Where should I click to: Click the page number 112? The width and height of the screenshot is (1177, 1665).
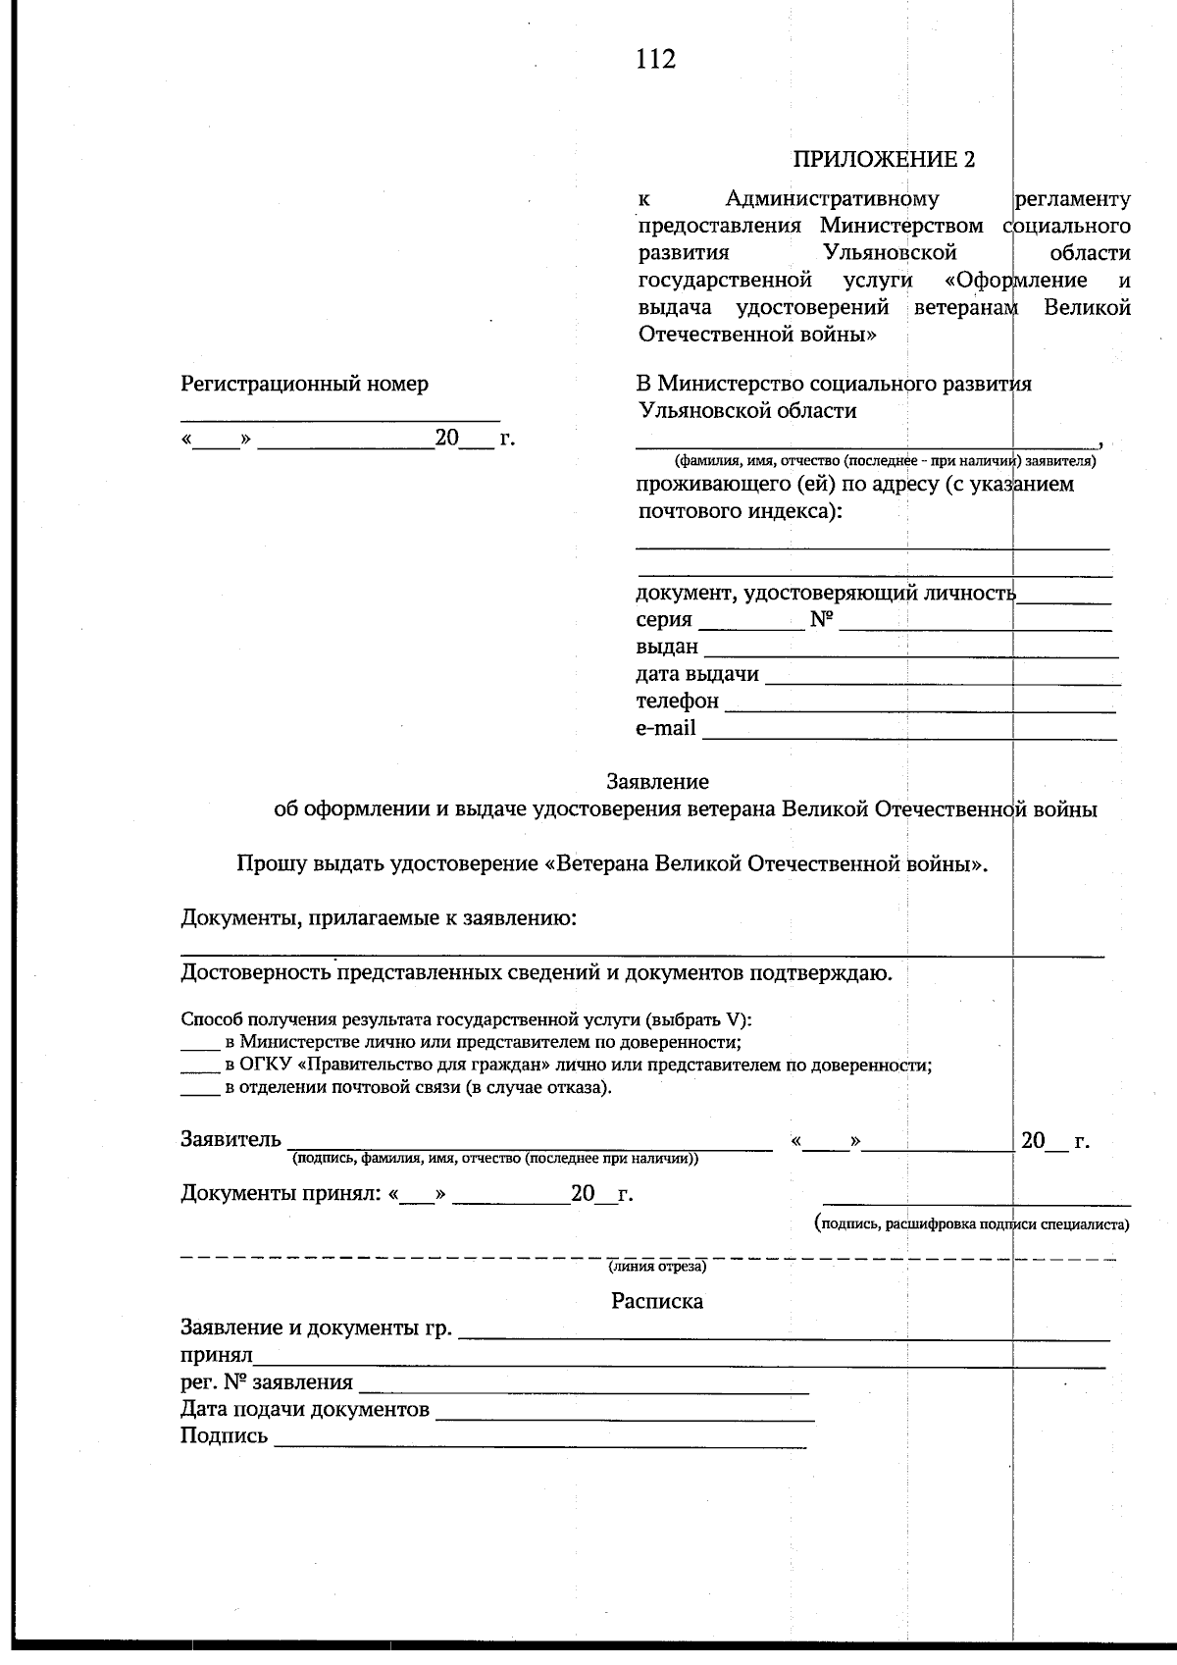pyautogui.click(x=655, y=60)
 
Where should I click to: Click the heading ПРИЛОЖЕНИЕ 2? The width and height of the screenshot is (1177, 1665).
pyautogui.click(x=884, y=160)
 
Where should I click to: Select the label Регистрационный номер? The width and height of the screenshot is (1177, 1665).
pyautogui.click(x=304, y=385)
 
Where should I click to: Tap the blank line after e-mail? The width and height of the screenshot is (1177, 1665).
pyautogui.click(x=909, y=731)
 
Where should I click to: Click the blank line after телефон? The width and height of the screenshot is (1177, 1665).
pyautogui.click(x=919, y=704)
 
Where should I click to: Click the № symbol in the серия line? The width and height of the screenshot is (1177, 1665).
pyautogui.click(x=821, y=620)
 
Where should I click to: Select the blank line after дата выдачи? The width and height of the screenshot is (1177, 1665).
pyautogui.click(x=942, y=677)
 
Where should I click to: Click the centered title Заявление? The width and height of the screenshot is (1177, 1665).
pyautogui.click(x=657, y=782)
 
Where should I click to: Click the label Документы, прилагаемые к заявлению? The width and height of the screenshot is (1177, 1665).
pyautogui.click(x=378, y=918)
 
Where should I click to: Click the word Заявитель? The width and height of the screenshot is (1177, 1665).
pyautogui.click(x=230, y=1139)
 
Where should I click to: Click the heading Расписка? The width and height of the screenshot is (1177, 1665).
pyautogui.click(x=657, y=1301)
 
